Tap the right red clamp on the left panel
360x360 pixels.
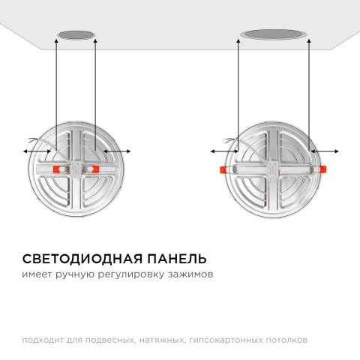[x=93, y=169]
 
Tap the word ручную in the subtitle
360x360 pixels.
[x=73, y=276]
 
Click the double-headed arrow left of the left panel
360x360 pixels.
[x=37, y=152]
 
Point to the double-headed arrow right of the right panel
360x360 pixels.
[x=323, y=152]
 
